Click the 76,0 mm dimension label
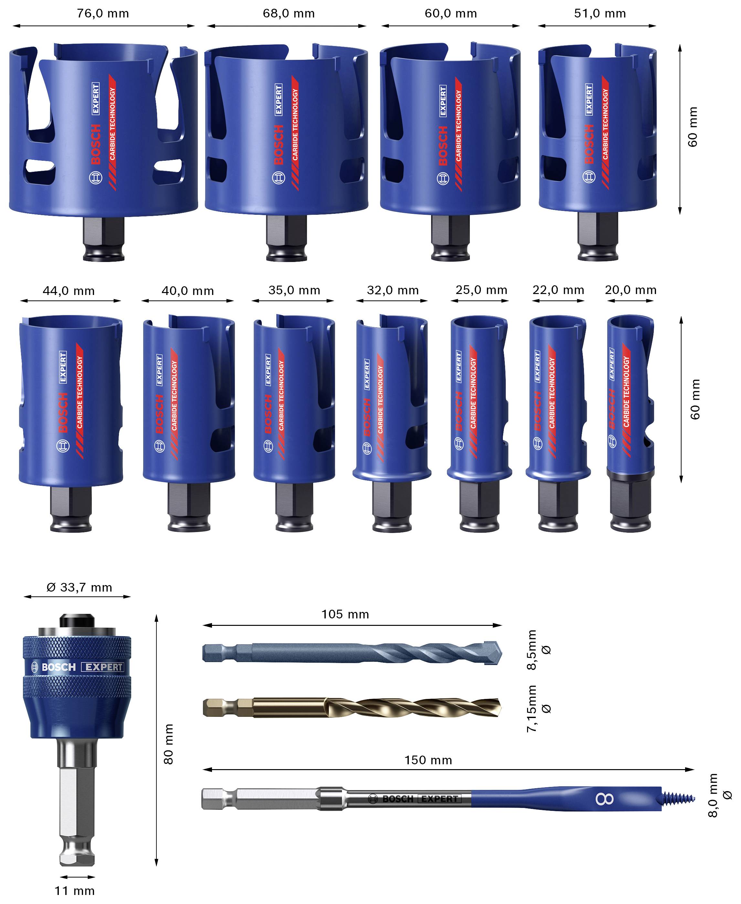tap(103, 13)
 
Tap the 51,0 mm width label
tap(600, 13)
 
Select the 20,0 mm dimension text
tap(630, 290)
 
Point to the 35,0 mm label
tap(294, 290)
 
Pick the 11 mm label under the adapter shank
tap(75, 891)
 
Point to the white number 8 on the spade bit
tap(604, 799)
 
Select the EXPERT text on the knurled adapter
tap(104, 667)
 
